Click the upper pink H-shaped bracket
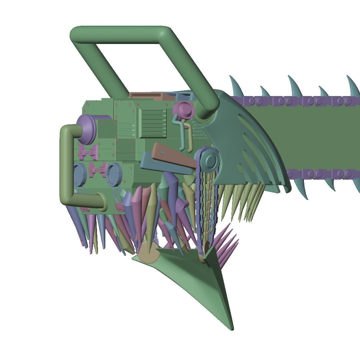click(x=89, y=152)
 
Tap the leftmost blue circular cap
click(x=80, y=174)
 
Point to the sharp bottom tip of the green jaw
click(x=232, y=328)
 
